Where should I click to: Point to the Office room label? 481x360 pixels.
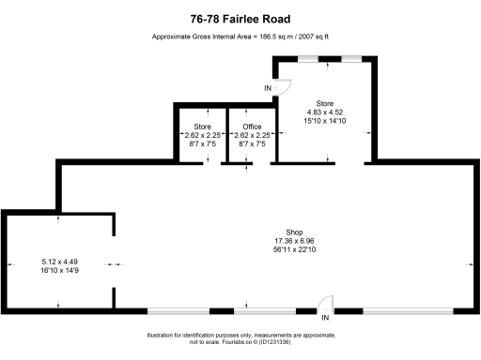(252, 127)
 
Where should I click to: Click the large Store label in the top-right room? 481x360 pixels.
(325, 103)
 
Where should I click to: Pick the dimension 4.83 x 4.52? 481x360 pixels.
(325, 112)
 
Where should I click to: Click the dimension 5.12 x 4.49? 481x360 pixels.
(58, 261)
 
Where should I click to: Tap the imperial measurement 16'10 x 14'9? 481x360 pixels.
(58, 269)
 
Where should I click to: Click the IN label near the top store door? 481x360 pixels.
(268, 88)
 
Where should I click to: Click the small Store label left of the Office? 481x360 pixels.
(203, 127)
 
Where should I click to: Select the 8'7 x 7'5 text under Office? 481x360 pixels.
(252, 144)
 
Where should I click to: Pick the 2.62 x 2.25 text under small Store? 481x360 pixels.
(203, 135)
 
